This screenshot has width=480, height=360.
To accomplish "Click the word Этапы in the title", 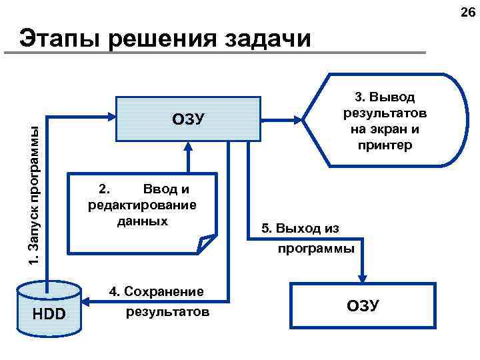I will pyautogui.click(x=60, y=38).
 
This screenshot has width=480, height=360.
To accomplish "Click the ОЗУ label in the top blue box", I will pyautogui.click(x=188, y=119).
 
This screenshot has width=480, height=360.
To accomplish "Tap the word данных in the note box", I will pyautogui.click(x=142, y=221).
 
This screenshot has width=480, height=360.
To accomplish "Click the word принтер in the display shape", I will pyautogui.click(x=387, y=145).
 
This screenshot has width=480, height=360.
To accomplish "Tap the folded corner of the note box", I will pyautogui.click(x=207, y=244).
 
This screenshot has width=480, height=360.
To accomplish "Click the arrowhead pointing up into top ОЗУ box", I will pyautogui.click(x=188, y=147).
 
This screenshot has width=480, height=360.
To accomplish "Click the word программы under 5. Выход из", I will pyautogui.click(x=316, y=249).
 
